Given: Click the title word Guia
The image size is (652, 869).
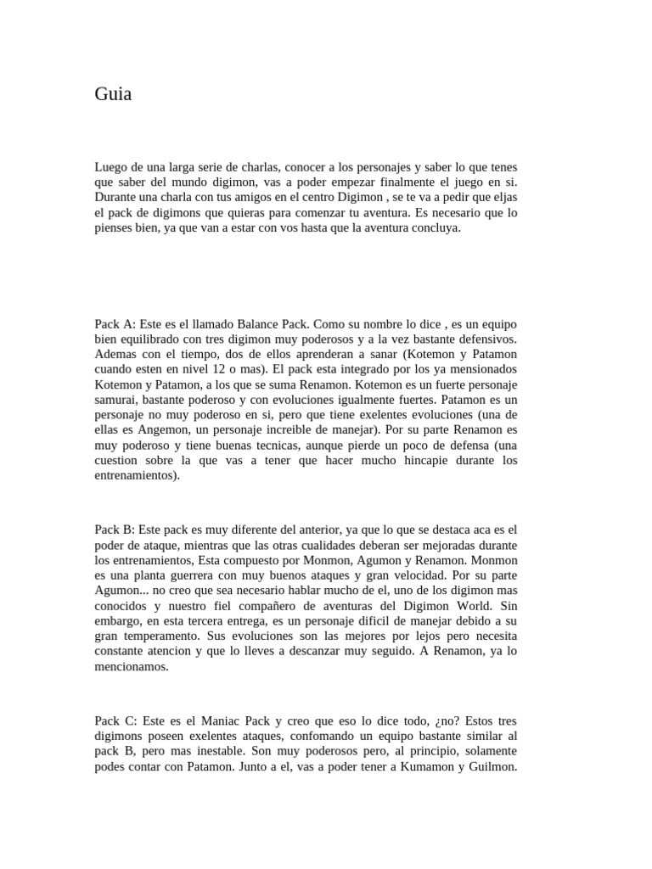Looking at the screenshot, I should [113, 95].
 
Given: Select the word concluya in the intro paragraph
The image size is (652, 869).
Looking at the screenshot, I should [435, 227].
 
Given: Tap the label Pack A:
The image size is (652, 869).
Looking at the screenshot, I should [115, 324].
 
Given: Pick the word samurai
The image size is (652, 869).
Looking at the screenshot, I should [120, 401].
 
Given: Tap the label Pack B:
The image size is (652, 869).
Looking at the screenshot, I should [115, 530].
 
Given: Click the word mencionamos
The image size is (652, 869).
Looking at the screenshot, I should [132, 667].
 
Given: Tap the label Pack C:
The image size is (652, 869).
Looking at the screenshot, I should [115, 721].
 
